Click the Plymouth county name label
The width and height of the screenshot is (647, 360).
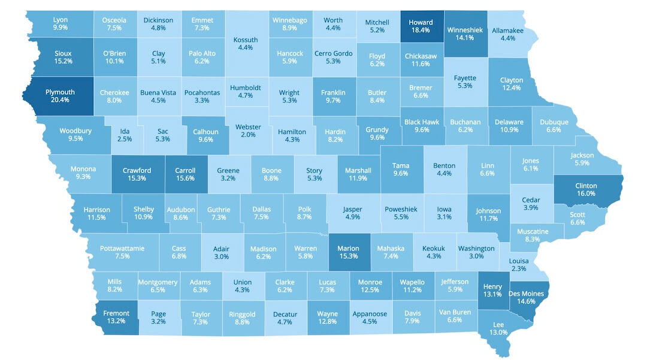pyautogui.click(x=60, y=92)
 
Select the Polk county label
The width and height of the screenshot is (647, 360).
pyautogui.click(x=304, y=209)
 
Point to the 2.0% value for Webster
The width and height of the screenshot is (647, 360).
pyautogui.click(x=247, y=135)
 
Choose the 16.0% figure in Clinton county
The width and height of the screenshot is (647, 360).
pyautogui.click(x=585, y=193)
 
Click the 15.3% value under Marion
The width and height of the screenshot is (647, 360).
pyautogui.click(x=347, y=256)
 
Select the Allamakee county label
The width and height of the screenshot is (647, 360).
pyautogui.click(x=507, y=31)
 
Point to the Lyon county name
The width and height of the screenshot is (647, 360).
pyautogui.click(x=60, y=20)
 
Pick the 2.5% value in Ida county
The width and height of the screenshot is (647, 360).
pyautogui.click(x=125, y=139)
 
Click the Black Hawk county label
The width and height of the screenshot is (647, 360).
pyautogui.click(x=422, y=122)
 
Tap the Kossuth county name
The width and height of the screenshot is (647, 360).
pyautogui.click(x=245, y=40)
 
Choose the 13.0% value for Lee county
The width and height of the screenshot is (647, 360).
pyautogui.click(x=498, y=332)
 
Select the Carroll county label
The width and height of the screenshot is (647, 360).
pyautogui.click(x=185, y=170)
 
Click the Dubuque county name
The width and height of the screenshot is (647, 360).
pyautogui.click(x=554, y=122)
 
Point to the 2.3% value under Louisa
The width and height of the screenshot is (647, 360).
pyautogui.click(x=519, y=269)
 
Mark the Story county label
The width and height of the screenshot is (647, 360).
pyautogui.click(x=314, y=170)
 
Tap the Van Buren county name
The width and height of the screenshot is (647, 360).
pyautogui.click(x=455, y=311)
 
